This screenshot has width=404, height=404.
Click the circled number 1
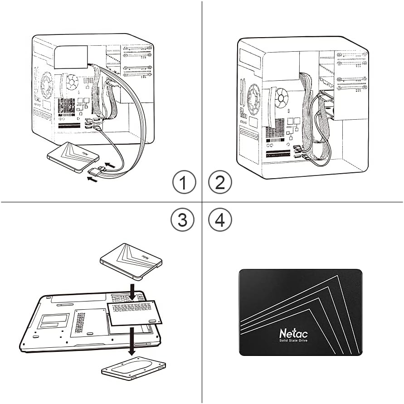(x=184, y=182)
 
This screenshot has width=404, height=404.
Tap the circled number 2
(x=220, y=182)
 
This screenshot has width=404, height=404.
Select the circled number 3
(x=182, y=219)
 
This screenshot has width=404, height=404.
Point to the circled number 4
(x=220, y=219)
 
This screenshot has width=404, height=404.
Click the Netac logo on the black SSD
(x=293, y=333)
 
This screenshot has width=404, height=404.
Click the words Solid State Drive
(x=293, y=341)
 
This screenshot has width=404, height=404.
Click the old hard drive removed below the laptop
(x=133, y=369)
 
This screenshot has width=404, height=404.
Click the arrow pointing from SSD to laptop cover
(x=132, y=292)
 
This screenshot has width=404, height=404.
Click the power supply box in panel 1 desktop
(x=71, y=57)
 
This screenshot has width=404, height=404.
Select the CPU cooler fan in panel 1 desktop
(x=72, y=82)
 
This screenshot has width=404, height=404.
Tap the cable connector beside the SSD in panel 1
(x=96, y=170)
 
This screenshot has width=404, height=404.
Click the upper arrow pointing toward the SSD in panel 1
(x=110, y=165)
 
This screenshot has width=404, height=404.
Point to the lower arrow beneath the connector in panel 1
(x=92, y=180)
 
